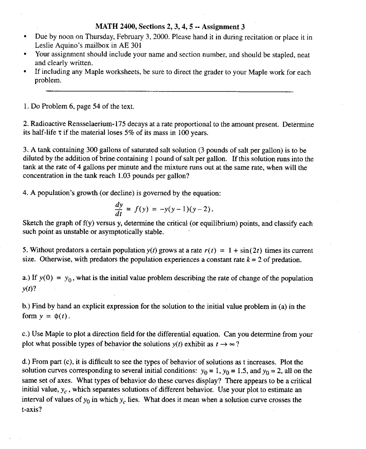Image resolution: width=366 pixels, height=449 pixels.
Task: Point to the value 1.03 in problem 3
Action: coord(124,176)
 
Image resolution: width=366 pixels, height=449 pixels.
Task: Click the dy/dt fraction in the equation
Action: coord(119,209)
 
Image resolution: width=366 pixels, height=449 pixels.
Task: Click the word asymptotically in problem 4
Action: coord(121,232)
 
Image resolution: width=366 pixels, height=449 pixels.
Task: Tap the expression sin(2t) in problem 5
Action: coord(251,251)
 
